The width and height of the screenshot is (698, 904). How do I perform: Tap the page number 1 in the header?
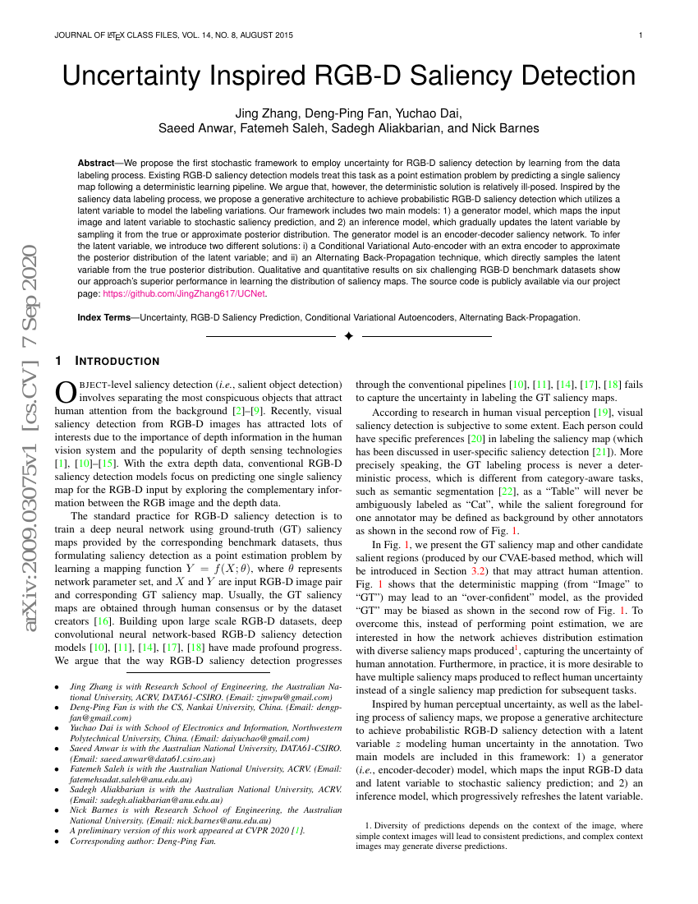click(x=641, y=35)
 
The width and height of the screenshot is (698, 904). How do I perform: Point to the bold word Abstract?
click(x=95, y=164)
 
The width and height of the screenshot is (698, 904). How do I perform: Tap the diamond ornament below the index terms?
click(x=348, y=336)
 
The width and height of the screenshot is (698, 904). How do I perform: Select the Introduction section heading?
click(x=117, y=361)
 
